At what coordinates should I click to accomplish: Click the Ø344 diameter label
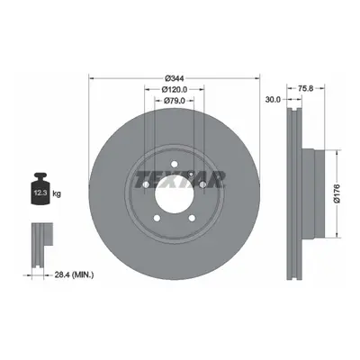[175, 78]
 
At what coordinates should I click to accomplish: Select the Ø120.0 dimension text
[175, 89]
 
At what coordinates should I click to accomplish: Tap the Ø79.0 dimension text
[175, 101]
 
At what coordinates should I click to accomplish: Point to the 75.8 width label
[306, 88]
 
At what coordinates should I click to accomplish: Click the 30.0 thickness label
[273, 99]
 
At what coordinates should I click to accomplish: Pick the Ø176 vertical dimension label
[337, 193]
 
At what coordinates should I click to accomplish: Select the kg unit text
[57, 193]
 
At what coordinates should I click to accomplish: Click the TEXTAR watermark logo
[180, 179]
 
